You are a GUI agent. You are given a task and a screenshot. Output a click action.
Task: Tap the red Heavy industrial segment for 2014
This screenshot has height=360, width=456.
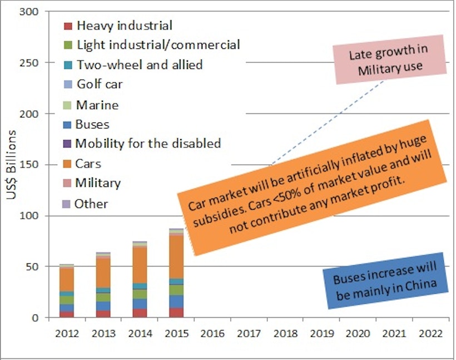pos(140,313)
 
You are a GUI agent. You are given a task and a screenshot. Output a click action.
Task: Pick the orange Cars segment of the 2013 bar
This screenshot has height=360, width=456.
pos(103,272)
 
